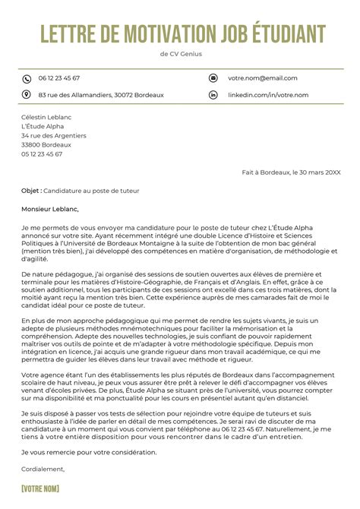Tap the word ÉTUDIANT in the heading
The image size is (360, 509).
(x=289, y=34)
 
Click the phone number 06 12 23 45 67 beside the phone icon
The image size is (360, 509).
(x=58, y=78)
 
